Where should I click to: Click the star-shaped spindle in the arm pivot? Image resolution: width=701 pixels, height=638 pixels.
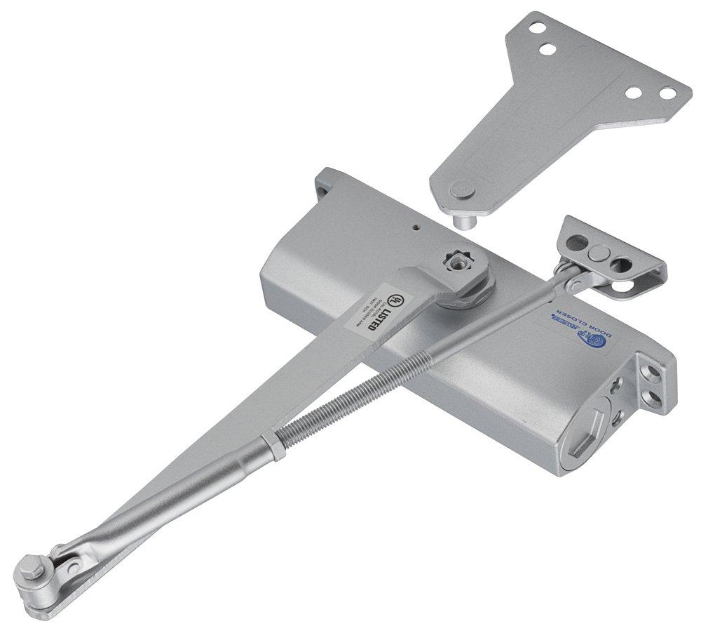[x=460, y=261]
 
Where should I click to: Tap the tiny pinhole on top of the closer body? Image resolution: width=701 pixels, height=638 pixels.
[x=416, y=227]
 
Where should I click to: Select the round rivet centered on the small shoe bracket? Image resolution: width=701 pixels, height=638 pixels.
[x=598, y=255]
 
